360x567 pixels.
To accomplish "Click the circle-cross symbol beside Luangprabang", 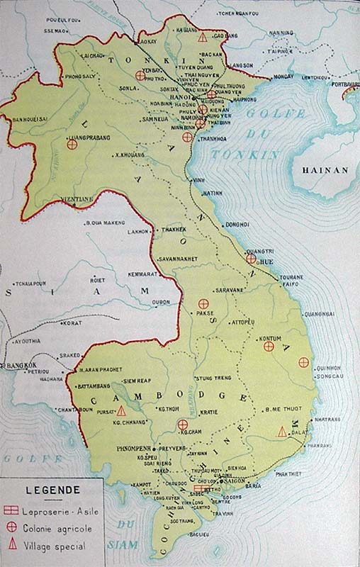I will pos(71,144).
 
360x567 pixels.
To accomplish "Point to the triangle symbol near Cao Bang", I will pos(203,37).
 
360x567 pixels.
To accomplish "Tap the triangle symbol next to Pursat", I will pos(121,410).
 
